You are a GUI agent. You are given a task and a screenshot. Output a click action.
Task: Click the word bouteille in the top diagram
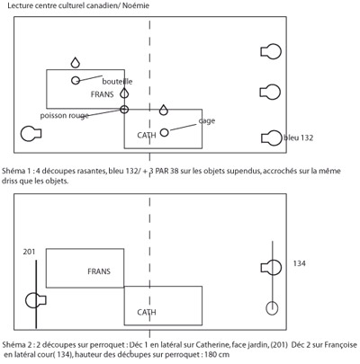point(117,82)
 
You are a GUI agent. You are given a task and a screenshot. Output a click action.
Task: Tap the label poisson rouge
point(65,116)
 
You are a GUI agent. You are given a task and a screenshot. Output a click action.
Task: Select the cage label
point(207,120)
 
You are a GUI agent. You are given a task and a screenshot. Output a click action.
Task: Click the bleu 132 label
point(298,138)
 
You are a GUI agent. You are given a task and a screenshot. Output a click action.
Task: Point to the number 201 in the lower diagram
point(29,252)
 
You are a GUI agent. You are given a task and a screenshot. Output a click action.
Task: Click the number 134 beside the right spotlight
point(300,263)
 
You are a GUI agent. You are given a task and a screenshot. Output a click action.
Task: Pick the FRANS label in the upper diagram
point(103,94)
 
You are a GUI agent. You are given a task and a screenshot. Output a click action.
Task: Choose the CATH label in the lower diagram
point(147,313)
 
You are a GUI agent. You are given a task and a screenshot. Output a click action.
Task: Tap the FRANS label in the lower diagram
point(99,271)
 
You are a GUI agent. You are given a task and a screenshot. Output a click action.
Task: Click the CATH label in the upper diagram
point(147,136)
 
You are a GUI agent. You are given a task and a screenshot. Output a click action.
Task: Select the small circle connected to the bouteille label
point(76,80)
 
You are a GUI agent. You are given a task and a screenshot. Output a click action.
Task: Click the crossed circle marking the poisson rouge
point(124,110)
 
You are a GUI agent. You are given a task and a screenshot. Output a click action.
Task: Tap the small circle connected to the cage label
point(164,132)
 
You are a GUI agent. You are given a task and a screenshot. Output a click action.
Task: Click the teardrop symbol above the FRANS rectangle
point(76,62)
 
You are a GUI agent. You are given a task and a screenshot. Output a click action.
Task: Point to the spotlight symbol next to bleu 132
point(272,138)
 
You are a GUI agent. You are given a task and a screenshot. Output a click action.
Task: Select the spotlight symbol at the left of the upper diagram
point(31,134)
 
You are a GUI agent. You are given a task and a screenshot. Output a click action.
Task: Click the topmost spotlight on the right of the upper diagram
point(271,51)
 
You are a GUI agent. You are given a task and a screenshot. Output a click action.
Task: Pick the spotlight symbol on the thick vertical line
point(36,300)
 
